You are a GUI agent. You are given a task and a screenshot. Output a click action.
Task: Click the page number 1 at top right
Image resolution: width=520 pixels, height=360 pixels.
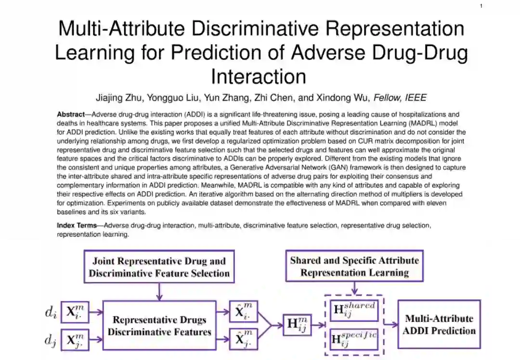pyautogui.click(x=481, y=6)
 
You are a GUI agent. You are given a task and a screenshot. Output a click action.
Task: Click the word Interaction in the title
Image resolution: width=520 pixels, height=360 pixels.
pyautogui.click(x=259, y=77)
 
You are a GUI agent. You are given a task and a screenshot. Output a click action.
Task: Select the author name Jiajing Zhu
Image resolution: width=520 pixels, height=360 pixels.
pyautogui.click(x=117, y=98)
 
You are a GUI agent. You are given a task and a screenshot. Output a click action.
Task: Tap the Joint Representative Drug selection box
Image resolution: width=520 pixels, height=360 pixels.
pyautogui.click(x=159, y=267)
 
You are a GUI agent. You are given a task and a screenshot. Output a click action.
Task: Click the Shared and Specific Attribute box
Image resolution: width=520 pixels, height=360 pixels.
pyautogui.click(x=354, y=267)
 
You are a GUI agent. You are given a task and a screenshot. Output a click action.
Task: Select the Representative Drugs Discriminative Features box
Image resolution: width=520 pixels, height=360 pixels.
pyautogui.click(x=159, y=325)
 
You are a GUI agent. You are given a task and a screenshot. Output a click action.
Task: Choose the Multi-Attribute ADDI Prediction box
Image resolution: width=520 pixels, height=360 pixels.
pyautogui.click(x=439, y=324)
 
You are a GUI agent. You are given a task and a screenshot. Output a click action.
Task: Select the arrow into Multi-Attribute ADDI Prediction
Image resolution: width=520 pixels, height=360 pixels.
pyautogui.click(x=390, y=324)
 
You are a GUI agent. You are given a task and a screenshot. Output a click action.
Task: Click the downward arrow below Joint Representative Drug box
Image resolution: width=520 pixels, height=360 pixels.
pyautogui.click(x=159, y=291)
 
